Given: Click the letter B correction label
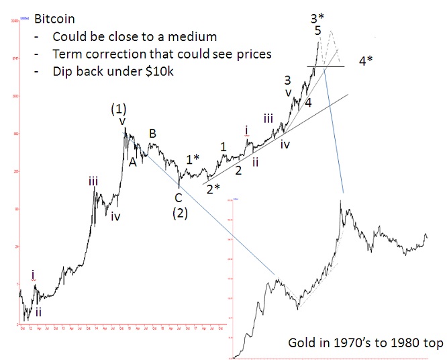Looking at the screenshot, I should coord(152,134).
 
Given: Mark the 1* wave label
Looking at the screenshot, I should coord(193,159).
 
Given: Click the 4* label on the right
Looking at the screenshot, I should coord(367,60).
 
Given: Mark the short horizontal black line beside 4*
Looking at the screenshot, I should coord(326,66).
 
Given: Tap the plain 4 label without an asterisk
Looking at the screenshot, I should coord(308,103).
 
